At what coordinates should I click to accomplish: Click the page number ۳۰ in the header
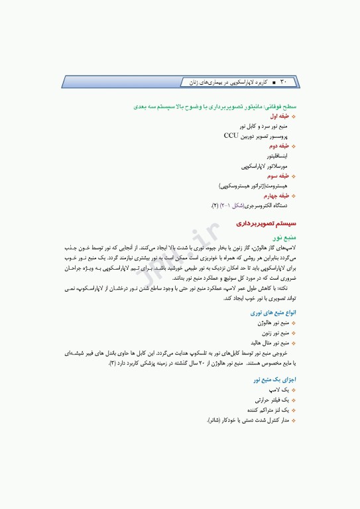284,82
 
